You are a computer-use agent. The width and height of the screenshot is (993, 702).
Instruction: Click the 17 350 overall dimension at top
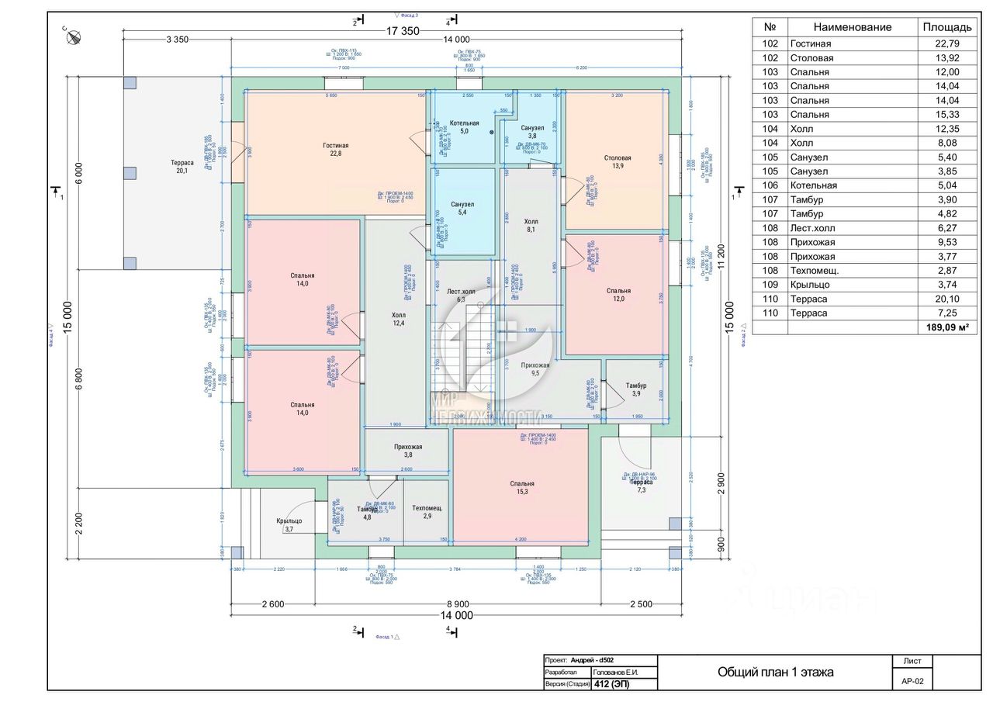402,30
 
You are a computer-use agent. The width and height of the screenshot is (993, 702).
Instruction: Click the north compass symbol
75,35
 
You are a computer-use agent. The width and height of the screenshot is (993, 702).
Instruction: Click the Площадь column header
946,27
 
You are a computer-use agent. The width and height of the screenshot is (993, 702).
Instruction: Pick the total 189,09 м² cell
946,327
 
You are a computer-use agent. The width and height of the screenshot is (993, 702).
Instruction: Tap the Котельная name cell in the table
813,185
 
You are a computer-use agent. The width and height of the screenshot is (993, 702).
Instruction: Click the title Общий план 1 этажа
775,673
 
